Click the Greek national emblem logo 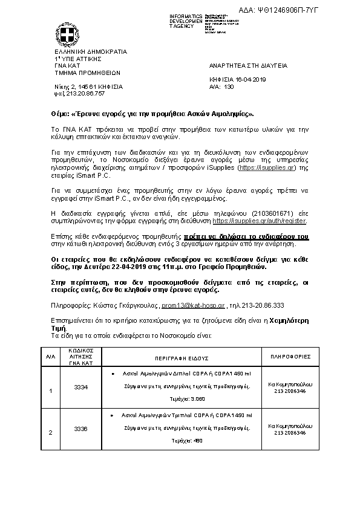pyautogui.click(x=67, y=33)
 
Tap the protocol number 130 pyautogui.click(x=229, y=86)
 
